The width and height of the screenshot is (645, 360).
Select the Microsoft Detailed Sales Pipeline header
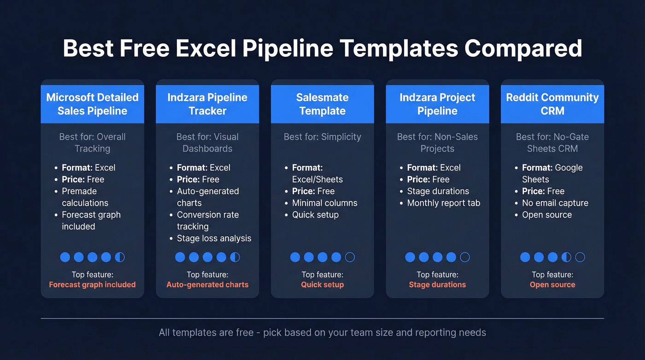[92, 104]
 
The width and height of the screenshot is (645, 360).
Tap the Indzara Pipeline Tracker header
[207, 104]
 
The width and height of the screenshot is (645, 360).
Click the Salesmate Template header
[322, 104]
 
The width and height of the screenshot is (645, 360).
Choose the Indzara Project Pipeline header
[437, 104]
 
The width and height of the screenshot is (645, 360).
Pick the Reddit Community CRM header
[552, 104]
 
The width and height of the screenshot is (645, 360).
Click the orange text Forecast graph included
[92, 285]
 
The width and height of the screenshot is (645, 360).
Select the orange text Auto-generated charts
[207, 285]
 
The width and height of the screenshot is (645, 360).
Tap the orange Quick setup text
[322, 285]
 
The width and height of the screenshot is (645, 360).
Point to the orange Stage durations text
[437, 285]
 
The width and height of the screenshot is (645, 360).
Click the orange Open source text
[552, 285]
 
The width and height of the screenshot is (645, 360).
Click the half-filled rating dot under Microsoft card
[120, 257]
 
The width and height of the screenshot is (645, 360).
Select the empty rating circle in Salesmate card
[350, 257]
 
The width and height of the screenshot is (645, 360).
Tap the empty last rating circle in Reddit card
[580, 257]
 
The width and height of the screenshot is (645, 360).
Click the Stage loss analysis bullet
[214, 238]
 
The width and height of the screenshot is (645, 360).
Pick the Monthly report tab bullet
[443, 203]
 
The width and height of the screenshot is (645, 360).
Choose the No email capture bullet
[555, 203]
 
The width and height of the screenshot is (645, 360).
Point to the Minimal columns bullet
[324, 203]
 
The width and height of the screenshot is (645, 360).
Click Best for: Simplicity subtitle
[322, 137]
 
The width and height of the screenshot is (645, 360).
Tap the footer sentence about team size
[322, 332]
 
